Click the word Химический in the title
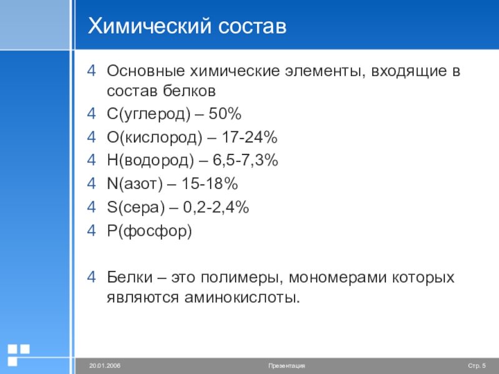coord(145,26)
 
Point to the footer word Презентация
coord(286,365)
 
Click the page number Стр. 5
coord(477,365)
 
